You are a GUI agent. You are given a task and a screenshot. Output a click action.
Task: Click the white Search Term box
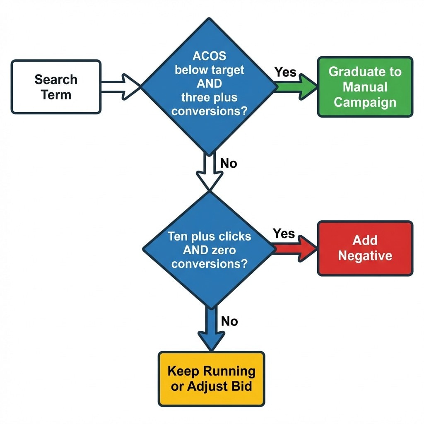click(56, 87)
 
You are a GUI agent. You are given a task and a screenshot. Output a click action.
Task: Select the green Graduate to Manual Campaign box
click(365, 87)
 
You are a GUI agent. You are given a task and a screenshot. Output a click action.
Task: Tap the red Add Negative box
click(365, 248)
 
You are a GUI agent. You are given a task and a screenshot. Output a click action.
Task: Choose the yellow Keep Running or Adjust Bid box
click(211, 378)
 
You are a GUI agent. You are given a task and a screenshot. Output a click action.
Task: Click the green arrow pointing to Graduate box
click(296, 86)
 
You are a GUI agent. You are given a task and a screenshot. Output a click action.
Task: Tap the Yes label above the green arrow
click(285, 72)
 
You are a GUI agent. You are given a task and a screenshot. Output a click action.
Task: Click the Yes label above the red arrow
click(284, 234)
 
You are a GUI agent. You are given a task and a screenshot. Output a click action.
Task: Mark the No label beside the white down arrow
click(229, 164)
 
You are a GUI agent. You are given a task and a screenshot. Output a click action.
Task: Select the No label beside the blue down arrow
click(229, 321)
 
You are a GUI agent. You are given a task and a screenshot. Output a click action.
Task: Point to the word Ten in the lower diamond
click(177, 236)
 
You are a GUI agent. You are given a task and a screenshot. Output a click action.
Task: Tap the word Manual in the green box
click(365, 87)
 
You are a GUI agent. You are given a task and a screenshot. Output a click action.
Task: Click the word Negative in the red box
click(365, 255)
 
